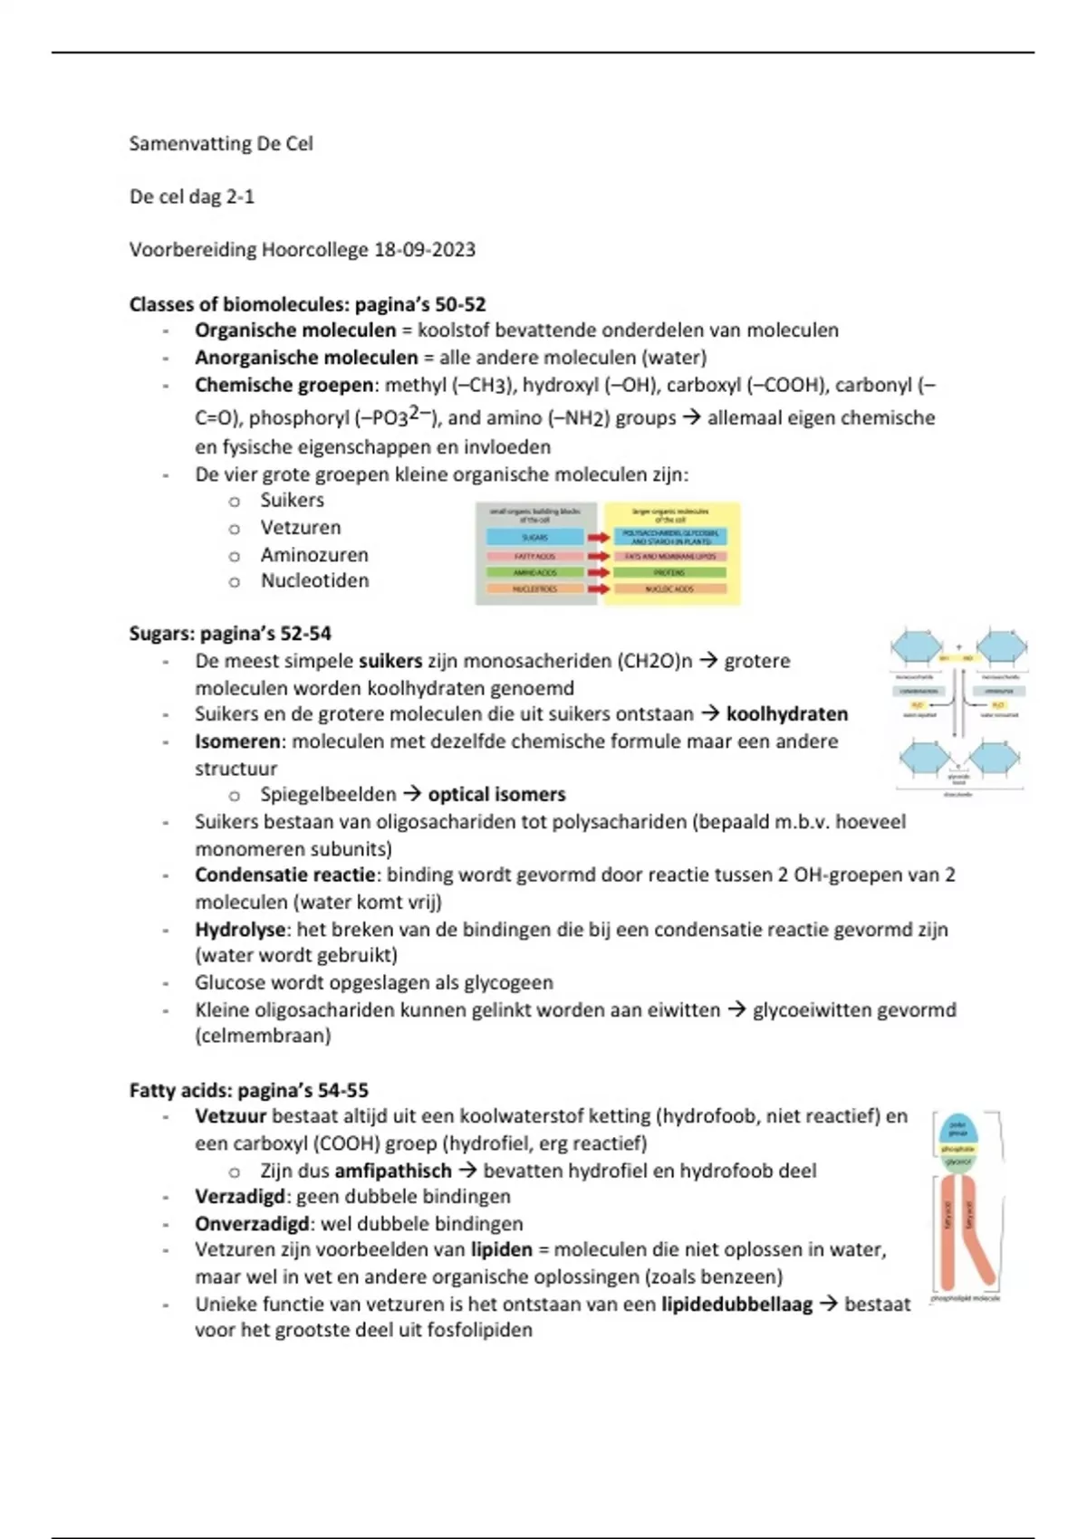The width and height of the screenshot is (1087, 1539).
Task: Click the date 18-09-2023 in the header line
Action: coord(424,250)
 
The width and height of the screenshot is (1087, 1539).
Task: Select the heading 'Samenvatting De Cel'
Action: coord(221,144)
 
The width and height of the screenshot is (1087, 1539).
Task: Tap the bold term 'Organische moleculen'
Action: coord(295,330)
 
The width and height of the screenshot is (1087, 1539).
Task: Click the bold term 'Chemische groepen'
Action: coord(284,385)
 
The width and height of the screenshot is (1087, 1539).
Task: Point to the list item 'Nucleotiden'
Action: coord(314,581)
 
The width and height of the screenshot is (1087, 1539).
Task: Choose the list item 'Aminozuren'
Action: coord(314,555)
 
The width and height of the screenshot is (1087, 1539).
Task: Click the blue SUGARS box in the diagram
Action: coord(534,538)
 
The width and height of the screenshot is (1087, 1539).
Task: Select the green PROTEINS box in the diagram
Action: coord(669,573)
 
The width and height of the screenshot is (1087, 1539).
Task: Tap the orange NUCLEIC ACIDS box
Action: coord(669,589)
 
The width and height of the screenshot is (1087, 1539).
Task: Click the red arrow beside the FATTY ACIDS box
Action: coord(598,556)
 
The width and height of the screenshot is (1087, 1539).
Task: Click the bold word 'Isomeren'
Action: coord(237,741)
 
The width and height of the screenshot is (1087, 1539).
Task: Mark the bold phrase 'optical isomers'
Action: coord(496,795)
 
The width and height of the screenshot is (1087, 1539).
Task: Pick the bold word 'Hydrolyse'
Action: coord(240,930)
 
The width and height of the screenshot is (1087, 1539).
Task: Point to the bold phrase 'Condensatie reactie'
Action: coord(284,875)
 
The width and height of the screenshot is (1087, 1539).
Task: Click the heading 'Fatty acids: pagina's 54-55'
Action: coord(248,1090)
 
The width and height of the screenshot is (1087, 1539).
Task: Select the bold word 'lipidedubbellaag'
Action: coord(736,1305)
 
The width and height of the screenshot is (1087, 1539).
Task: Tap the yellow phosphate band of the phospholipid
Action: coord(958,1149)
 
